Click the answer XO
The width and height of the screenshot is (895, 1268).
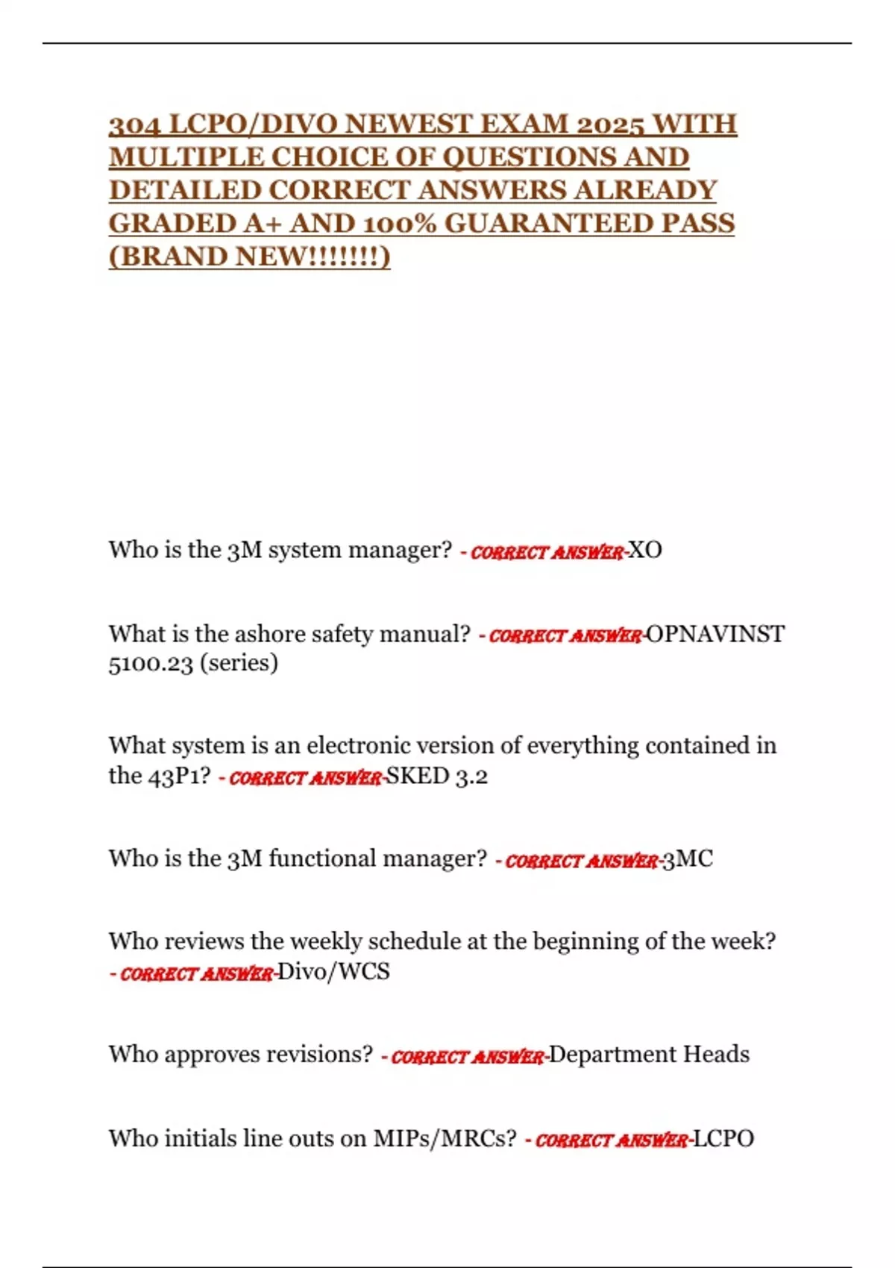pos(645,550)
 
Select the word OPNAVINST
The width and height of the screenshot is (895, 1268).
pos(715,634)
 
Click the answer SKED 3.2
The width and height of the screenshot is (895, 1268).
pos(436,776)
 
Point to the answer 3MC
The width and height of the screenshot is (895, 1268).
pos(688,859)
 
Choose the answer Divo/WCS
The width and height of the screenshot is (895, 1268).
pos(333,972)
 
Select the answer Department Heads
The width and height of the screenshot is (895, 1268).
pos(649,1055)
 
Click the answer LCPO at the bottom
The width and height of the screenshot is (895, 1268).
pos(724,1139)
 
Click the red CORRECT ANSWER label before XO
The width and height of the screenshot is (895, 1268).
pos(547,553)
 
